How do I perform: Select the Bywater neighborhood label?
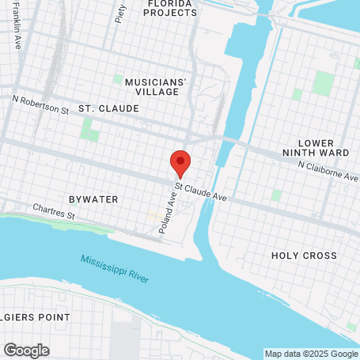click(93, 199)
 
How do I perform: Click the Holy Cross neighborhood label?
click(304, 256)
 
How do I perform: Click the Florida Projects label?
click(170, 8)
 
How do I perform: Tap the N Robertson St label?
click(40, 102)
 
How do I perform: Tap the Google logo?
click(26, 350)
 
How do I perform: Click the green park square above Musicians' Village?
click(118, 79)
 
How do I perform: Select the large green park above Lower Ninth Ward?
click(323, 82)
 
